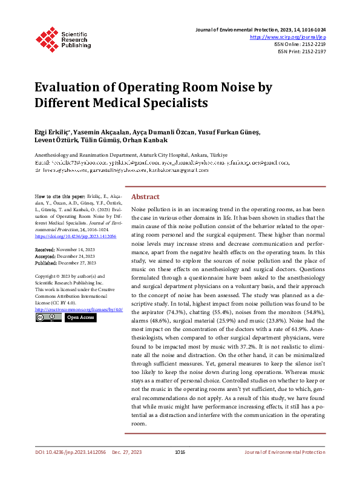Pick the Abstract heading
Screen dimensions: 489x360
coord(145,197)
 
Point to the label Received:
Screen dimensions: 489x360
coord(44,249)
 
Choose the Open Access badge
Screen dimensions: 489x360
coord(80,317)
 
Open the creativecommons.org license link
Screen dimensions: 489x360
coord(79,309)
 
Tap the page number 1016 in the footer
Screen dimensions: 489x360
coord(179,452)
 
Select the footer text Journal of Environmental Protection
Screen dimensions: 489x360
coord(284,452)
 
